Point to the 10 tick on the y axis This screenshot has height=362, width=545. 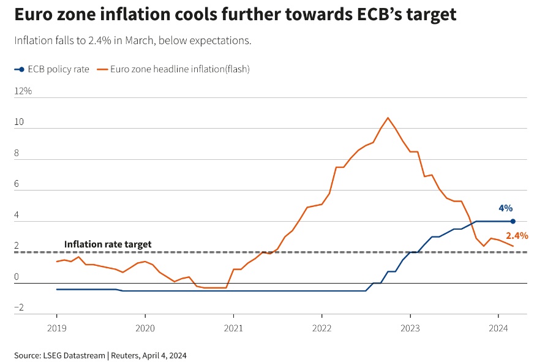click(19, 122)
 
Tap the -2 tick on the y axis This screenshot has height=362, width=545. click(19, 307)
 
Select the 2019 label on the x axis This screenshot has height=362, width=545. click(56, 328)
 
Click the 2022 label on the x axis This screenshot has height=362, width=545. click(321, 328)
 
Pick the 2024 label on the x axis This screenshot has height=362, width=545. click(498, 328)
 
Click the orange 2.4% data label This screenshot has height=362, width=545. click(517, 235)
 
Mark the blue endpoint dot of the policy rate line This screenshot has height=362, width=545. click(513, 221)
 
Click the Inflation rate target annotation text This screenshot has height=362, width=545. click(108, 244)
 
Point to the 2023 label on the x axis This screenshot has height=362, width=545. click(410, 328)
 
